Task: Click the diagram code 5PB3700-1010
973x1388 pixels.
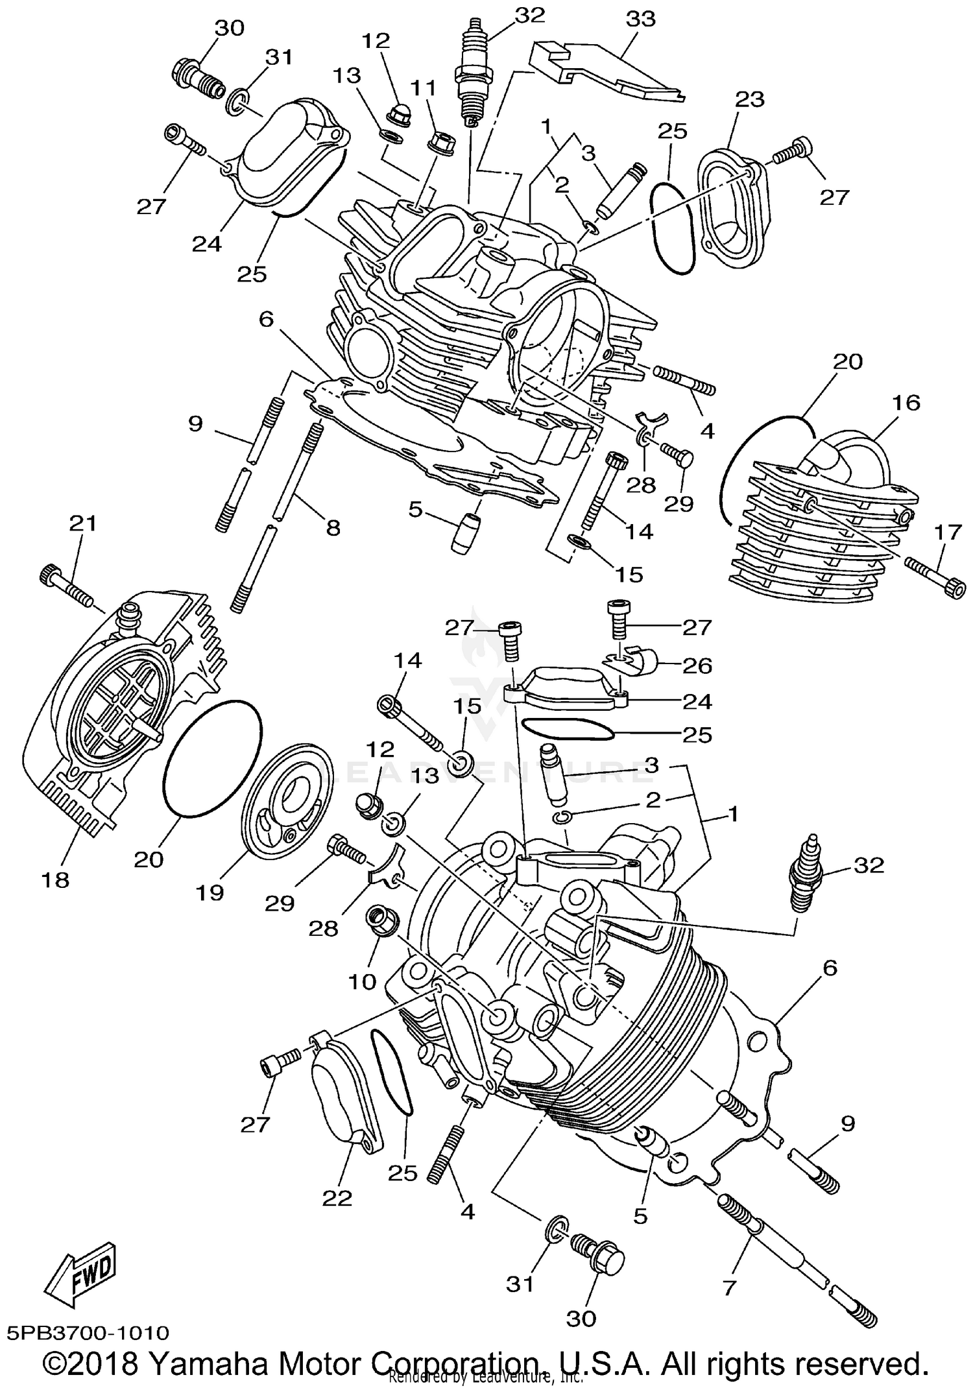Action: pos(88,1332)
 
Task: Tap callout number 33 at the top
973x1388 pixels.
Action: pos(640,19)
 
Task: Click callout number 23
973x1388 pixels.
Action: pos(749,99)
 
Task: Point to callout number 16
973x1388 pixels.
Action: pos(906,403)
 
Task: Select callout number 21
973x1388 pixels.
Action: pos(83,523)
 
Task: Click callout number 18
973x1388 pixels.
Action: pos(56,880)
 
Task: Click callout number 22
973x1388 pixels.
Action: pos(337,1198)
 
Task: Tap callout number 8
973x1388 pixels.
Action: pos(333,528)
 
